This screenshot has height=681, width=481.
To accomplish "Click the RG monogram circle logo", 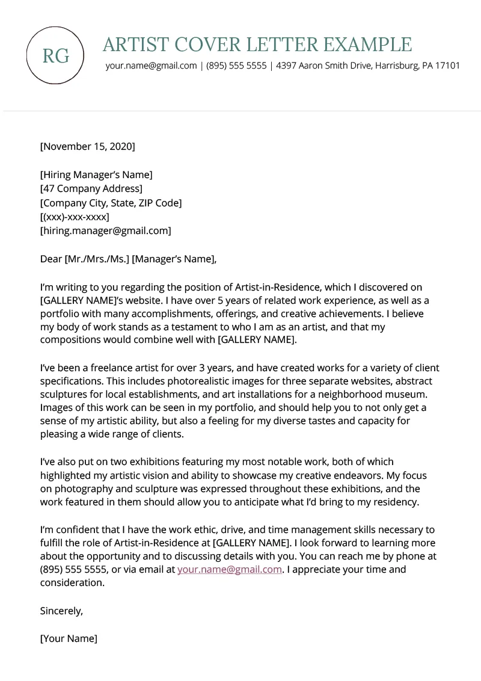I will [x=55, y=55].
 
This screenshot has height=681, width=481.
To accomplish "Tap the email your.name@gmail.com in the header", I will [x=152, y=66].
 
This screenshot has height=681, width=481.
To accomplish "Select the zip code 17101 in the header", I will [x=447, y=66].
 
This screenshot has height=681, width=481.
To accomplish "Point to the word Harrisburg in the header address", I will [x=395, y=66].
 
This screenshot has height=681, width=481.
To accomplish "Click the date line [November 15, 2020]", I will [x=88, y=146].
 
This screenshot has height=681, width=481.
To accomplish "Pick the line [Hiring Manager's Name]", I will [x=96, y=175].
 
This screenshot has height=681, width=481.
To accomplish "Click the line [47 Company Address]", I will [x=91, y=189].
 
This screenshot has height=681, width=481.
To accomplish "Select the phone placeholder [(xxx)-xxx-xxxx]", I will [x=75, y=217].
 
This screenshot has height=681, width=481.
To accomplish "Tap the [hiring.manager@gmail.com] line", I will [x=105, y=230].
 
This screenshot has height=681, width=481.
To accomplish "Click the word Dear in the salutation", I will [x=51, y=259].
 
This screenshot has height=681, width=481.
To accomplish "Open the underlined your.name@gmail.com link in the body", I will [x=230, y=569].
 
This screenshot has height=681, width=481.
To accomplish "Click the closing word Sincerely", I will [x=61, y=611].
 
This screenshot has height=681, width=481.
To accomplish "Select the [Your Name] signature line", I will [x=69, y=638].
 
